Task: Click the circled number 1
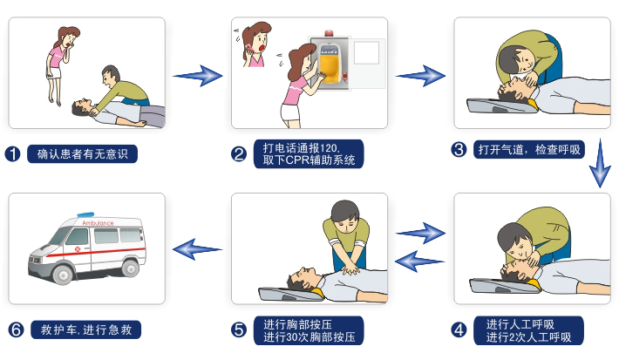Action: (12, 154)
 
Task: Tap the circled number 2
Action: (239, 154)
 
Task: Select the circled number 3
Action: (459, 150)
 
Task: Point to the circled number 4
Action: (459, 330)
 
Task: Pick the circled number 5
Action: (239, 330)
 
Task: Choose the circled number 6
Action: (17, 329)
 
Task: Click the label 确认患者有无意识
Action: (83, 154)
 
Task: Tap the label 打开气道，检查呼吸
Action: (529, 150)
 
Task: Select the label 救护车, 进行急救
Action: (86, 329)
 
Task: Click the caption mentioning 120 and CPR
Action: (309, 154)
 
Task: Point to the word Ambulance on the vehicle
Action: (98, 223)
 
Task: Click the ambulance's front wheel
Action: (63, 273)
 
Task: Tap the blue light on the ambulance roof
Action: (85, 214)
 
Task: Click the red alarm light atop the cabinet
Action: (329, 33)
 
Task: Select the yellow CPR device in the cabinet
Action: (330, 64)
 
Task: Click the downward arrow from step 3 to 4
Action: (600, 163)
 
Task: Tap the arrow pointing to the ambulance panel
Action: (197, 249)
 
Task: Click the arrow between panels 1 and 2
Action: (197, 75)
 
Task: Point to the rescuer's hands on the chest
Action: (350, 270)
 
